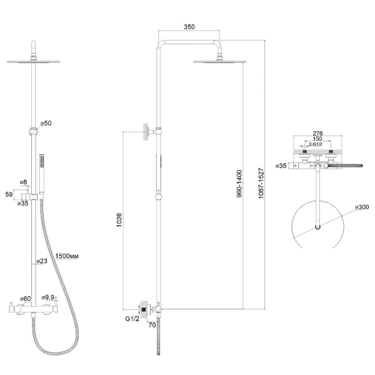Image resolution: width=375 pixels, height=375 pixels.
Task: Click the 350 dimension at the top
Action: pos(189,27)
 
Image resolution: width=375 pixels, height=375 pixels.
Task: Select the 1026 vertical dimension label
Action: pos(119,220)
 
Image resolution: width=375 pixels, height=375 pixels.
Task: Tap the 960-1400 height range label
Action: pos(239,184)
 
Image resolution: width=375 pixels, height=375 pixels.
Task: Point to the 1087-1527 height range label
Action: pos(261,183)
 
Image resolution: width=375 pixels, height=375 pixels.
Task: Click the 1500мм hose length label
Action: pos(67,256)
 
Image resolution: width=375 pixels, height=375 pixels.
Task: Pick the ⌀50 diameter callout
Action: pos(46,123)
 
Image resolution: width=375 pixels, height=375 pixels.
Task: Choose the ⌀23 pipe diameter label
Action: pos(42,261)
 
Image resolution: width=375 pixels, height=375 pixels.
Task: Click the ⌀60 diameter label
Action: pos(26,299)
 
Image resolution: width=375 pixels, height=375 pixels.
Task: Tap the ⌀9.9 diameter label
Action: pos(48,297)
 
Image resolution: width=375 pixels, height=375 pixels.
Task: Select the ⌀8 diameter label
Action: pos(24,182)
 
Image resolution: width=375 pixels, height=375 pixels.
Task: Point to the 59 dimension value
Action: pos(9,194)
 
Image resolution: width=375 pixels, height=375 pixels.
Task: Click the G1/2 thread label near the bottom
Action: pos(132,319)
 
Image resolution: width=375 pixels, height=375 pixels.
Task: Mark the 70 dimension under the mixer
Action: pos(152,325)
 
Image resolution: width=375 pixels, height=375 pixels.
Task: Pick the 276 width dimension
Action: pos(317,133)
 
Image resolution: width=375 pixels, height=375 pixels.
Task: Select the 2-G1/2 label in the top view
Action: pos(316,144)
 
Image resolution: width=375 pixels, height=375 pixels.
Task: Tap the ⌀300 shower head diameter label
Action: pos(362,207)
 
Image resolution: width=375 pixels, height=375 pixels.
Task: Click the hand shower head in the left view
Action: pos(42,161)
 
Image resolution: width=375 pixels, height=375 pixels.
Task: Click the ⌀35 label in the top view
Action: pos(281,166)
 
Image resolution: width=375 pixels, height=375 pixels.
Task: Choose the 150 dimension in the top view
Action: pos(317,139)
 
